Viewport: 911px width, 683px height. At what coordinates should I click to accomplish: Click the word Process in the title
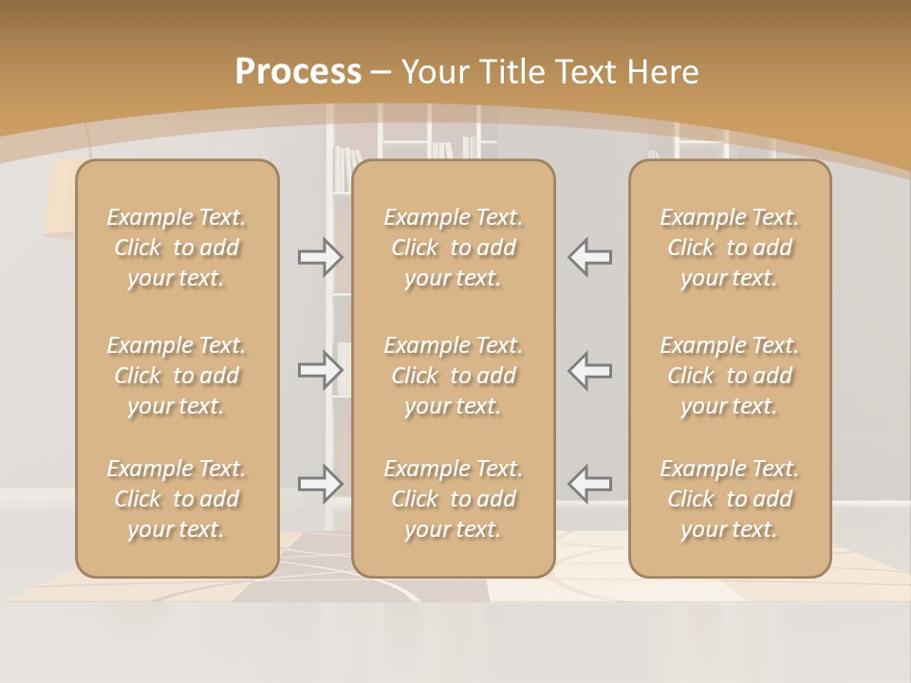click(298, 72)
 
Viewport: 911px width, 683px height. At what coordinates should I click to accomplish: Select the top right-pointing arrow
click(321, 256)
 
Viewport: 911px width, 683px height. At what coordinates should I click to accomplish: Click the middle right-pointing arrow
click(321, 370)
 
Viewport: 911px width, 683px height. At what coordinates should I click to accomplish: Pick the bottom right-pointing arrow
click(321, 484)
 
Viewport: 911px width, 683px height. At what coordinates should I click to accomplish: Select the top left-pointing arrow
click(590, 256)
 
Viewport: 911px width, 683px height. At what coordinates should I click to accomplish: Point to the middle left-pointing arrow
click(590, 370)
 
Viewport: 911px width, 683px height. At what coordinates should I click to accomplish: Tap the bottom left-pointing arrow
click(590, 484)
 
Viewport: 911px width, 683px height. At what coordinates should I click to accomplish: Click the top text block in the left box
click(177, 248)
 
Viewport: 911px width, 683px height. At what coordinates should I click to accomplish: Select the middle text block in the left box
click(177, 376)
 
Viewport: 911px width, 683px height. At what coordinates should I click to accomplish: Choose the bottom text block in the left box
click(177, 499)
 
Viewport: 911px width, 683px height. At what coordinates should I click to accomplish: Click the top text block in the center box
click(454, 248)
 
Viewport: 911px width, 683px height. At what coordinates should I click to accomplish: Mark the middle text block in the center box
click(454, 376)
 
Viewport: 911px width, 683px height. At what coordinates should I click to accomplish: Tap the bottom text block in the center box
click(454, 499)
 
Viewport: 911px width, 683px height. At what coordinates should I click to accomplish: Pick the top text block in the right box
click(730, 248)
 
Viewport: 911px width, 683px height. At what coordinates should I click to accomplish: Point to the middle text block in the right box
click(730, 376)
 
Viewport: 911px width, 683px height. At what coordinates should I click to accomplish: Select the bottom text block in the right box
click(730, 499)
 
